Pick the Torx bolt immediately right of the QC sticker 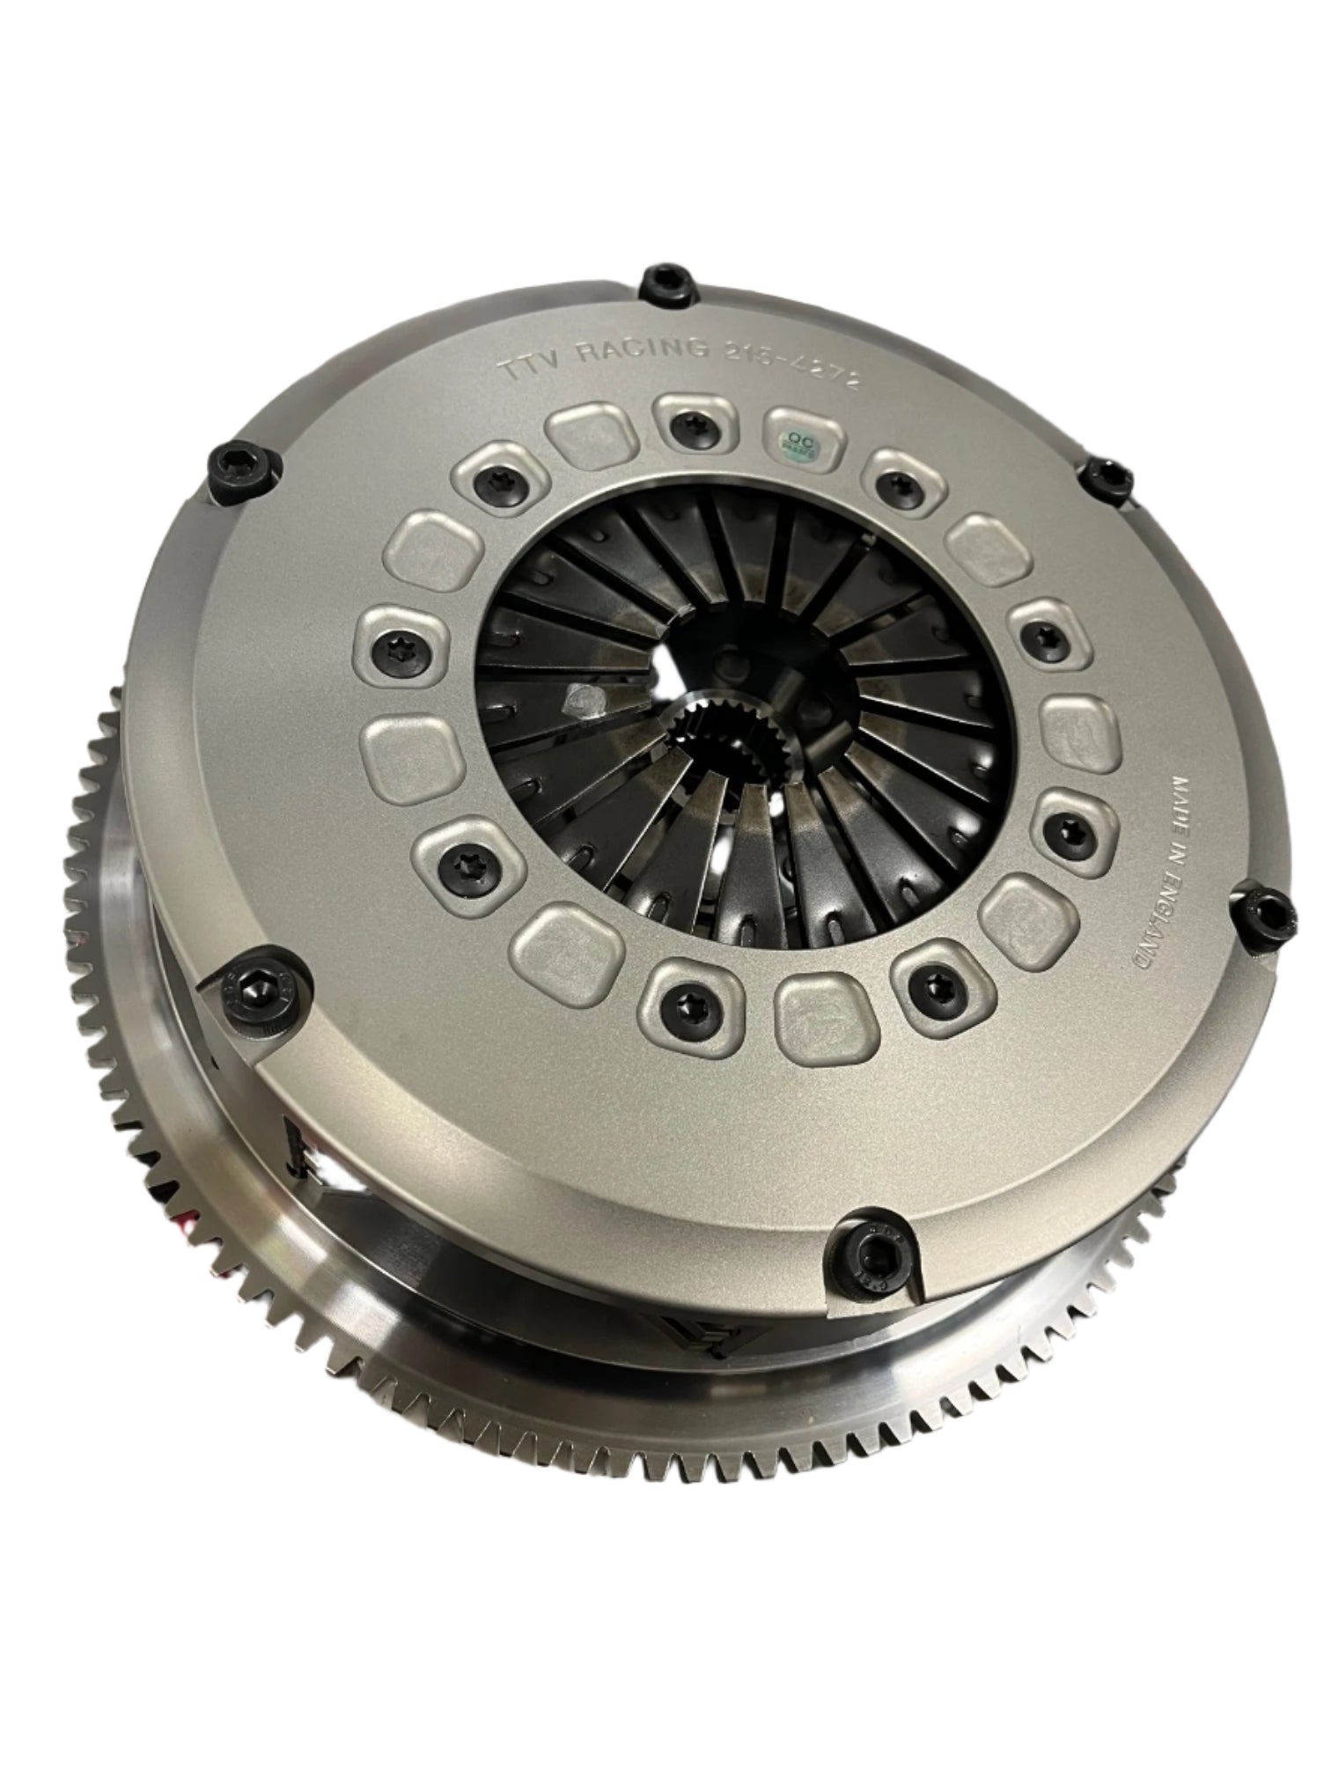897,482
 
